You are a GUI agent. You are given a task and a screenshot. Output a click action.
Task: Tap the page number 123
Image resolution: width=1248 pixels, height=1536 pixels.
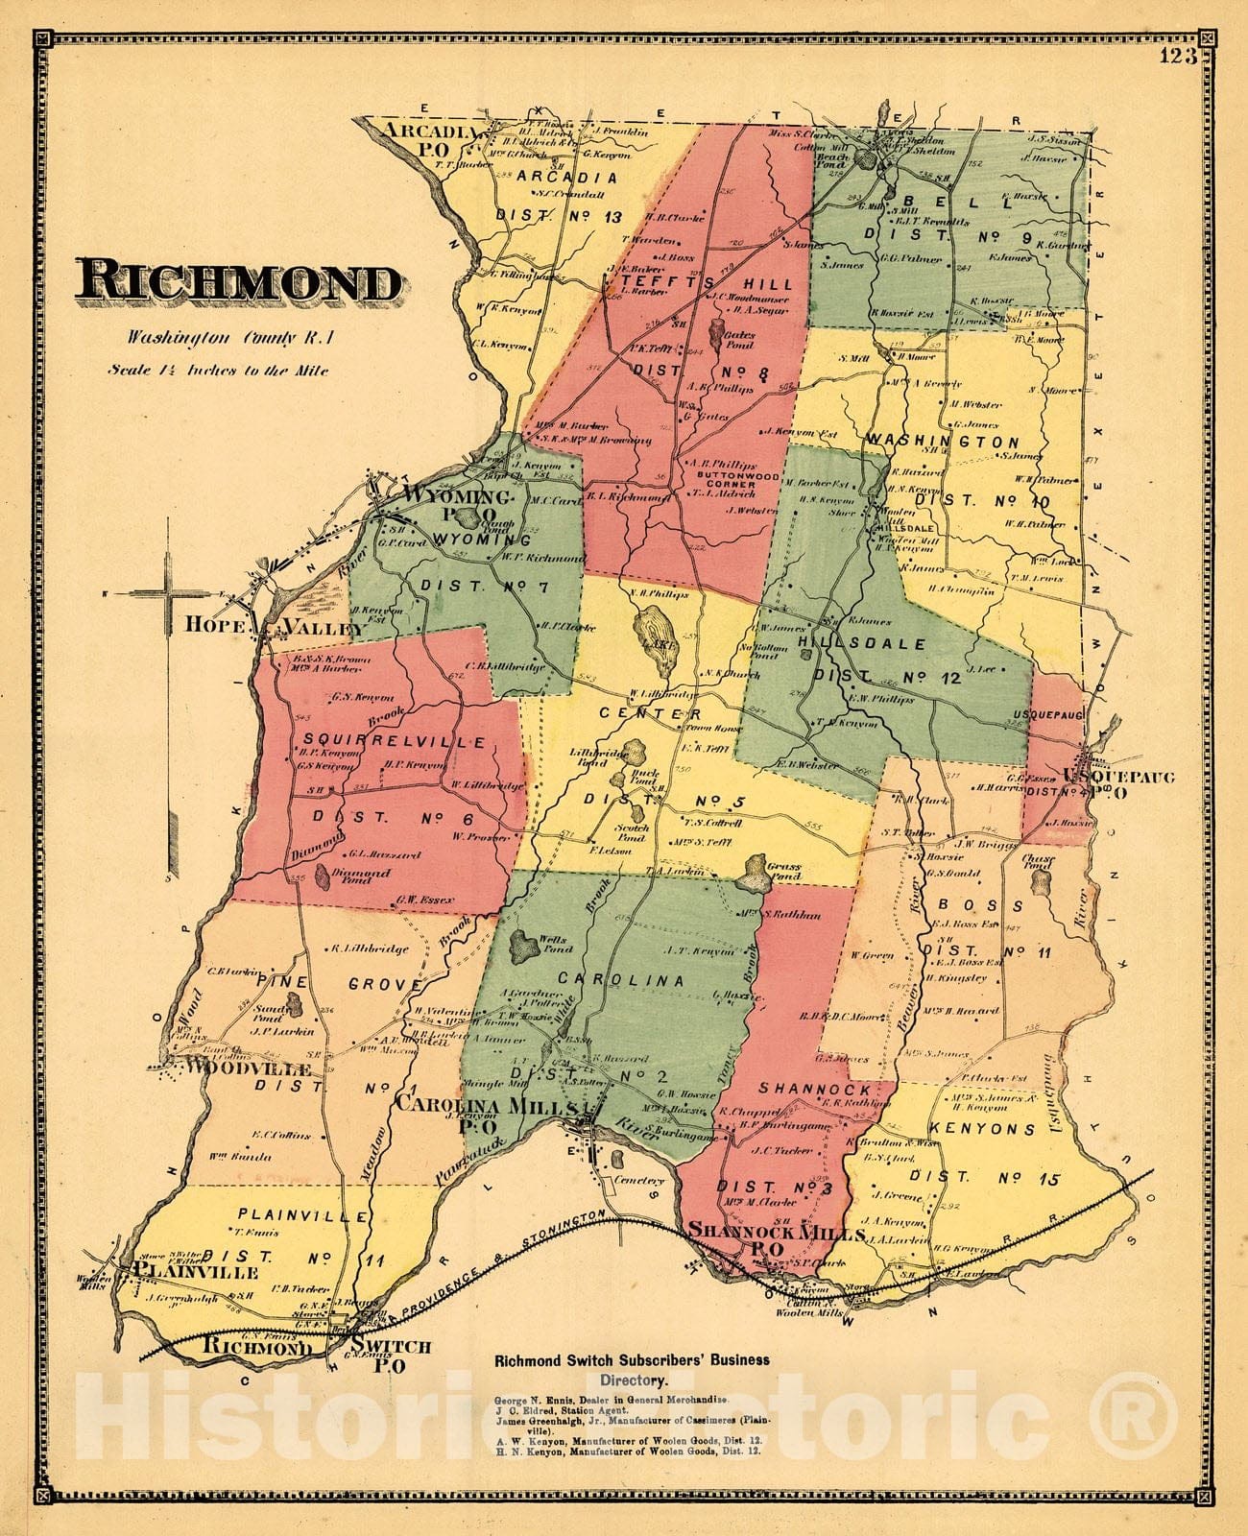(1177, 56)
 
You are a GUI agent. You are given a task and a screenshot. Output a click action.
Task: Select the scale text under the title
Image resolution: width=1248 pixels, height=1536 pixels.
(218, 370)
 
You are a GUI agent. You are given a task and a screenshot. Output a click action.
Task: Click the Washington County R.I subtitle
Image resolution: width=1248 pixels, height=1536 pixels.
(220, 337)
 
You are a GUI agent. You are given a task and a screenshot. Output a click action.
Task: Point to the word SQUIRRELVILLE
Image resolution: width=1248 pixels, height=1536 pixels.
(381, 741)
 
